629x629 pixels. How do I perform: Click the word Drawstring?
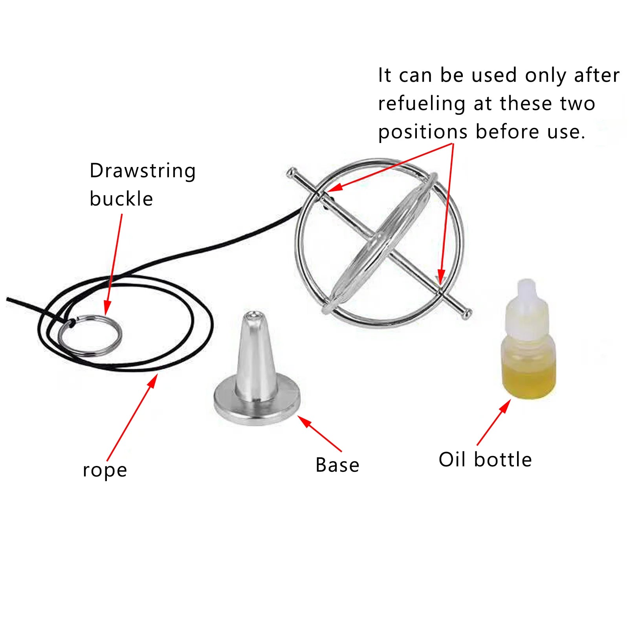143,171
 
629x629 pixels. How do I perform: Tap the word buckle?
121,199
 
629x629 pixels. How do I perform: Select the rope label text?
105,470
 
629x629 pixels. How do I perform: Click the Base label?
337,465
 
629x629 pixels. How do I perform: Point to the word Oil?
451,459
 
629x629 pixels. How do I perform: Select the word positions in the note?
423,132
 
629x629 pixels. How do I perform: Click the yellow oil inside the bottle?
529,379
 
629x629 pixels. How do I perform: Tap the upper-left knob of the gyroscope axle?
292,172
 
